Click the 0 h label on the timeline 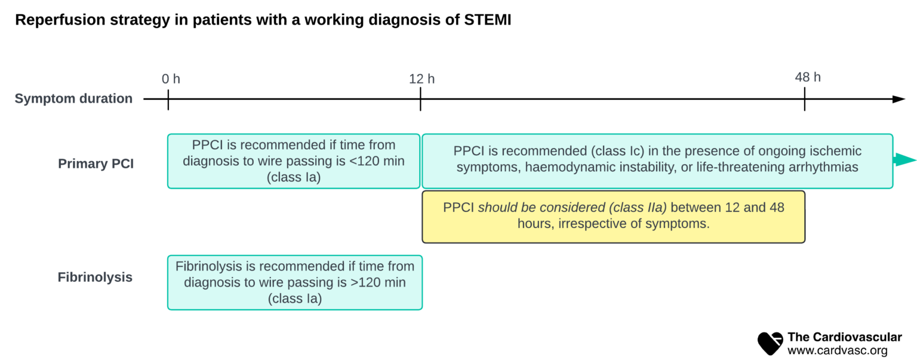[x=171, y=78]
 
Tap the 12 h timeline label [x=421, y=78]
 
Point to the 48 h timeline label [x=807, y=77]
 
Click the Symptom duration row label [x=73, y=99]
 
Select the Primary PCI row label [x=96, y=164]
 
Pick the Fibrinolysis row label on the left [x=95, y=277]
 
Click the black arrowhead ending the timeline [x=898, y=99]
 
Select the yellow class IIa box [x=613, y=216]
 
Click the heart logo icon [x=770, y=343]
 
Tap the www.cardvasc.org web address [x=837, y=351]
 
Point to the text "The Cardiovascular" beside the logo [x=844, y=337]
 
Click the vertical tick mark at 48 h [x=804, y=99]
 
